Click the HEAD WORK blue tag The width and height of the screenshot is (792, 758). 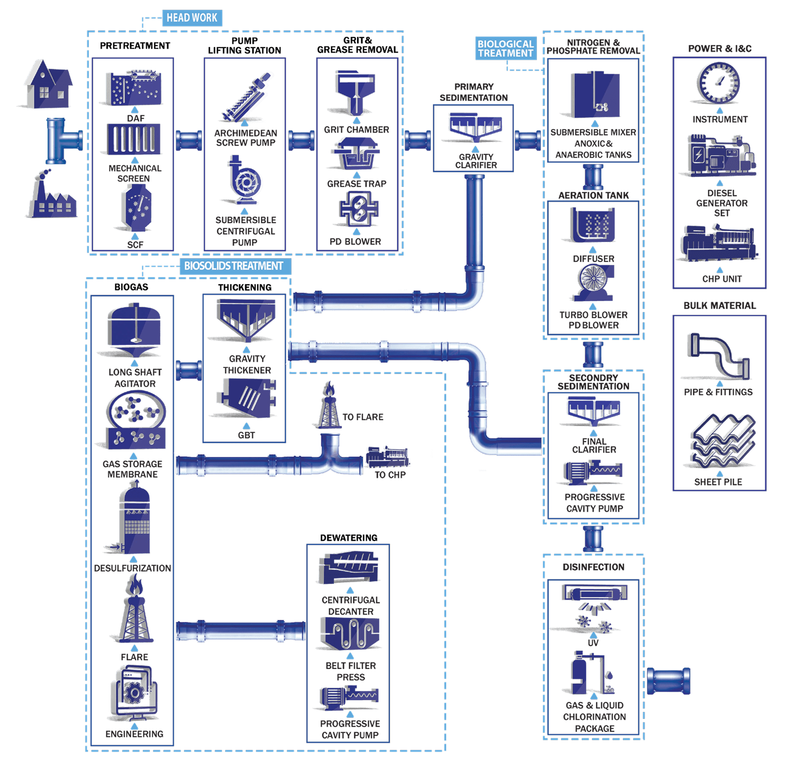pyautogui.click(x=192, y=18)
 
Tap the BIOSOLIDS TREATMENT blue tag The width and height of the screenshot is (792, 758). pyautogui.click(x=233, y=266)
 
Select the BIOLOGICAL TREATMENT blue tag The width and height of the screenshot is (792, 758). pyautogui.click(x=506, y=48)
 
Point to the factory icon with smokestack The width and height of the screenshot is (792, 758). pyautogui.click(x=51, y=195)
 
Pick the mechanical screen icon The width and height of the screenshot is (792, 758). pyautogui.click(x=134, y=139)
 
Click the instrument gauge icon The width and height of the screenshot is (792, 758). pyautogui.click(x=719, y=83)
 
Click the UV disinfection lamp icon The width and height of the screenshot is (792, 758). pyautogui.click(x=594, y=606)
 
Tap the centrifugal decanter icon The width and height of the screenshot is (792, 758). pyautogui.click(x=350, y=568)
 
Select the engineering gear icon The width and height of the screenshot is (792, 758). pyautogui.click(x=134, y=693)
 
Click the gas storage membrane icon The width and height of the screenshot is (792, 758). pyautogui.click(x=135, y=420)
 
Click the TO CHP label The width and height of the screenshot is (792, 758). pyautogui.click(x=390, y=475)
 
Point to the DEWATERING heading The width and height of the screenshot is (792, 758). pyautogui.click(x=348, y=537)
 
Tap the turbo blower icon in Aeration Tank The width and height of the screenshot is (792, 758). pyautogui.click(x=593, y=283)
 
